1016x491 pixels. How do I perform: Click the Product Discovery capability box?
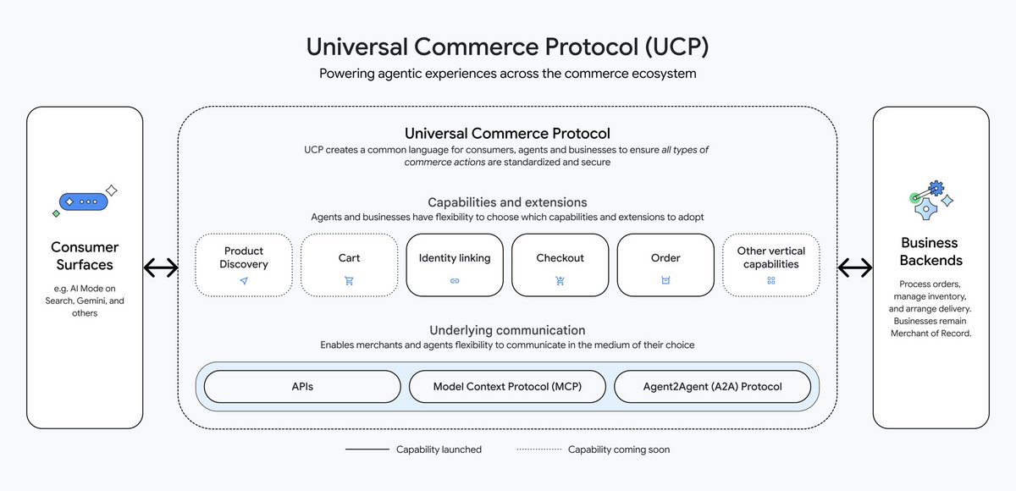click(x=244, y=265)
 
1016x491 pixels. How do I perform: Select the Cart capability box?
click(x=349, y=265)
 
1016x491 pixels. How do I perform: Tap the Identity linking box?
click(x=455, y=265)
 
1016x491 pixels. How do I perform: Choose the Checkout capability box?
click(x=560, y=265)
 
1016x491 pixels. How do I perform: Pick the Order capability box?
click(x=665, y=265)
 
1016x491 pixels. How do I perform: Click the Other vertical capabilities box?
click(x=770, y=265)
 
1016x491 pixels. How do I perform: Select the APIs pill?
click(x=302, y=386)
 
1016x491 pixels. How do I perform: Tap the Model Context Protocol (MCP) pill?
click(x=507, y=386)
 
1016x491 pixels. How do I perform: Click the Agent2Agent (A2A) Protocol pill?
click(x=711, y=386)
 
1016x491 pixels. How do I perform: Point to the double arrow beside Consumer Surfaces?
click(x=161, y=268)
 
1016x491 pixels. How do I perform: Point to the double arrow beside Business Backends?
click(x=855, y=268)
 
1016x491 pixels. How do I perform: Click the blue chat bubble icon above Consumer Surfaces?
click(x=85, y=202)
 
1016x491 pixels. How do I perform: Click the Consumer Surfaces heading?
click(x=85, y=257)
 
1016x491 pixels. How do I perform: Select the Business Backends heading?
click(x=930, y=251)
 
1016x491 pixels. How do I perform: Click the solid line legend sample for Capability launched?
click(x=366, y=450)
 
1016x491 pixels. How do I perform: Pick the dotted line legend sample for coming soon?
click(x=538, y=450)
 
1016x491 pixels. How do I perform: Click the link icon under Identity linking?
click(x=455, y=280)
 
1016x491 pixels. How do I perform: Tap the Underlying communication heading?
click(x=507, y=330)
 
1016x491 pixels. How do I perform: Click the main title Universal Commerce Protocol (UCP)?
click(x=507, y=46)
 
